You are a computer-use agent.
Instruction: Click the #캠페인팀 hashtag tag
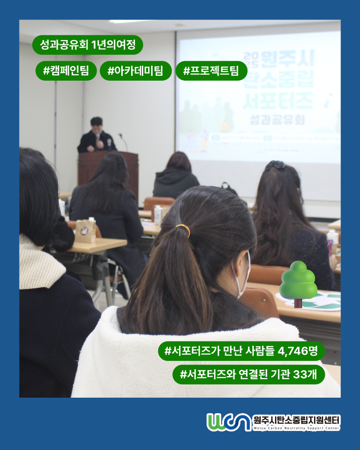pyautogui.click(x=66, y=70)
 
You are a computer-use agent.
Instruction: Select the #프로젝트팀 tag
pyautogui.click(x=211, y=70)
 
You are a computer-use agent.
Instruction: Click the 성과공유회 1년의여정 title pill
pyautogui.click(x=88, y=45)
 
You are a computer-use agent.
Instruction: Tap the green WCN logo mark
pyautogui.click(x=228, y=422)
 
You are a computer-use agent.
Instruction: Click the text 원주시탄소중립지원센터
pyautogui.click(x=297, y=420)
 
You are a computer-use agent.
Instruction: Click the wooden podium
pyautogui.click(x=108, y=169)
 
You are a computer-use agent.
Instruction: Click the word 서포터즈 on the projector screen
pyautogui.click(x=278, y=100)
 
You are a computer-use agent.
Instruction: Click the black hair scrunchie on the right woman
pyautogui.click(x=275, y=165)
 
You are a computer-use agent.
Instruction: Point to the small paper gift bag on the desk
pyautogui.click(x=86, y=230)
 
